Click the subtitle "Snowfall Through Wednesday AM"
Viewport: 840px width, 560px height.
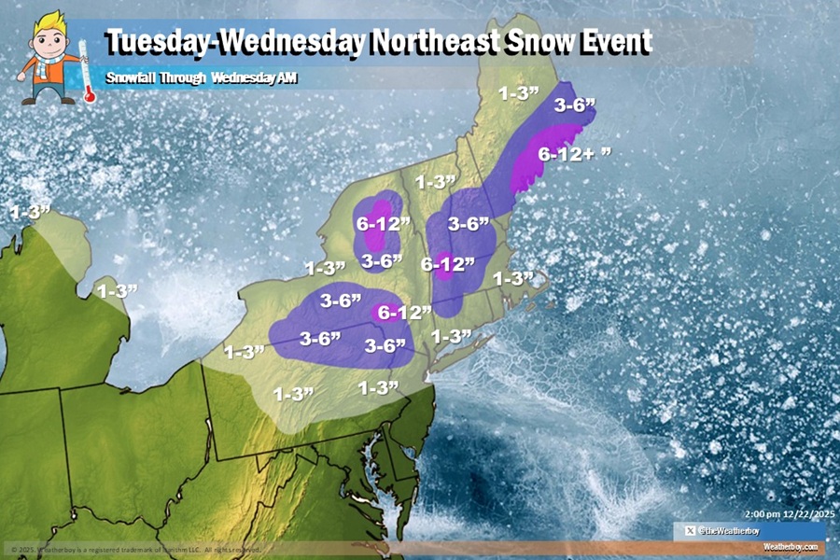click(x=201, y=78)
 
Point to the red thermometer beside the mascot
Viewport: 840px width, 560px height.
click(x=85, y=70)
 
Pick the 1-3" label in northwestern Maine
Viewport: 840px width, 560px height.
click(x=517, y=93)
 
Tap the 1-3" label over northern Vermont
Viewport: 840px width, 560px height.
click(x=435, y=181)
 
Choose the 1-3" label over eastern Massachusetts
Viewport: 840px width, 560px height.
click(x=512, y=278)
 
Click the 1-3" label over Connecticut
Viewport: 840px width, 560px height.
click(x=451, y=335)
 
